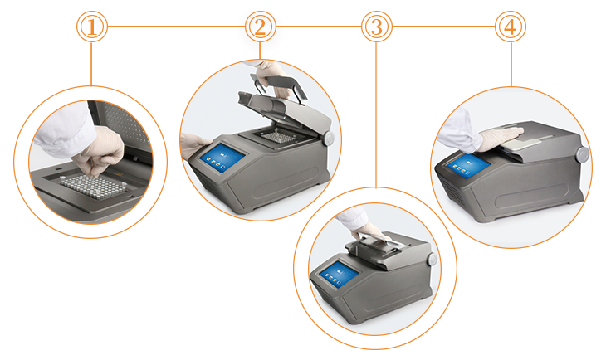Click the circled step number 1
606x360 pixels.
[92, 27]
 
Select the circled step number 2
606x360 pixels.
[261, 27]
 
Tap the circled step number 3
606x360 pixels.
[377, 27]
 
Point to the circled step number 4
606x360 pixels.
[511, 27]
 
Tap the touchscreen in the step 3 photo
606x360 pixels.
[339, 274]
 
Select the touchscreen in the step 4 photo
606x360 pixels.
[468, 166]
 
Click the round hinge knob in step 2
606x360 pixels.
[329, 139]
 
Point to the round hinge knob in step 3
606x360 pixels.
[432, 259]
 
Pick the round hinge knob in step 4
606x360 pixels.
[583, 154]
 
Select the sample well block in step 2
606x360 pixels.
[276, 136]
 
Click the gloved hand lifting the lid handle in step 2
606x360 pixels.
[272, 77]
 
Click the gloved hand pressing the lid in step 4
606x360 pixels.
[501, 139]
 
